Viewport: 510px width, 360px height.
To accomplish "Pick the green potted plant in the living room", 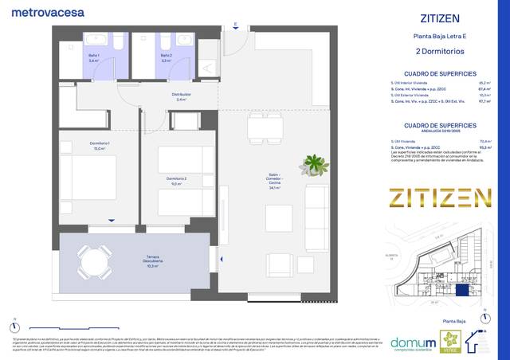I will [315, 165].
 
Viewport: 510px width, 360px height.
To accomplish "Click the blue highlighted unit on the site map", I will [464, 291].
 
